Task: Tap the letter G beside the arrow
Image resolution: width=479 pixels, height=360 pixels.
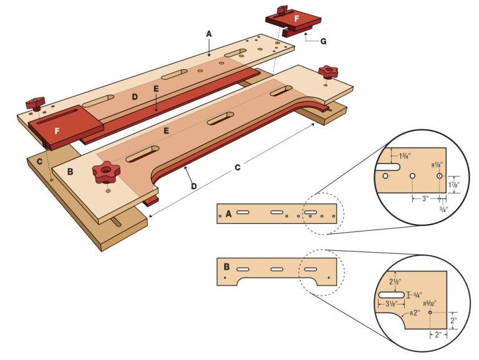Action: click(323, 42)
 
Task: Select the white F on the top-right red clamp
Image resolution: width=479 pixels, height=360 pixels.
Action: click(297, 19)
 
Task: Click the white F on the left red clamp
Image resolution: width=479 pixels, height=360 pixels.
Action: click(57, 132)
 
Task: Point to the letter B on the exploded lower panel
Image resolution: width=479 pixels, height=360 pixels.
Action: click(70, 171)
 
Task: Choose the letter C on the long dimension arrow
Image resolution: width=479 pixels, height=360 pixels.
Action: click(237, 167)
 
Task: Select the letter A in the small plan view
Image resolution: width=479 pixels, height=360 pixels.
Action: click(229, 213)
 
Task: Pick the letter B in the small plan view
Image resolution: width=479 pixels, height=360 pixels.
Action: click(226, 267)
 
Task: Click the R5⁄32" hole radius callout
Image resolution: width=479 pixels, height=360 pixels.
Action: click(430, 303)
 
